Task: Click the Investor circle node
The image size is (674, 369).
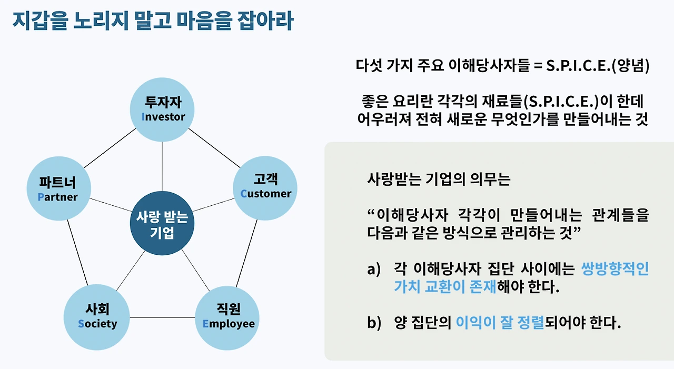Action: [x=162, y=108]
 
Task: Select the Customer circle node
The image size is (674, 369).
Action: [x=265, y=187]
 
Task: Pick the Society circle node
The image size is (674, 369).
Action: [x=97, y=317]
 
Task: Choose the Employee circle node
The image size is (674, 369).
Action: [x=228, y=317]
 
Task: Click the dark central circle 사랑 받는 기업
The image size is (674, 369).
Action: [x=162, y=224]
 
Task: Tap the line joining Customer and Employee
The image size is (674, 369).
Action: [x=247, y=253]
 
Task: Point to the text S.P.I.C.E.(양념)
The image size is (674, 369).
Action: [x=598, y=67]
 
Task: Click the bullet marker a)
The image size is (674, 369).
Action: [x=373, y=270]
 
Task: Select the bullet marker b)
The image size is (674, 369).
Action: [x=373, y=323]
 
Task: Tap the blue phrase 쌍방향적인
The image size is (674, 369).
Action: [x=614, y=270]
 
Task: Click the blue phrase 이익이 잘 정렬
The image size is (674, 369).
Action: [x=500, y=323]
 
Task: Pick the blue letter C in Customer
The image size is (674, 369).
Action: [x=243, y=194]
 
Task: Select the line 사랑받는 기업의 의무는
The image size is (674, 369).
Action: [x=439, y=179]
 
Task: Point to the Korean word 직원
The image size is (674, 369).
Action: [x=229, y=310]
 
